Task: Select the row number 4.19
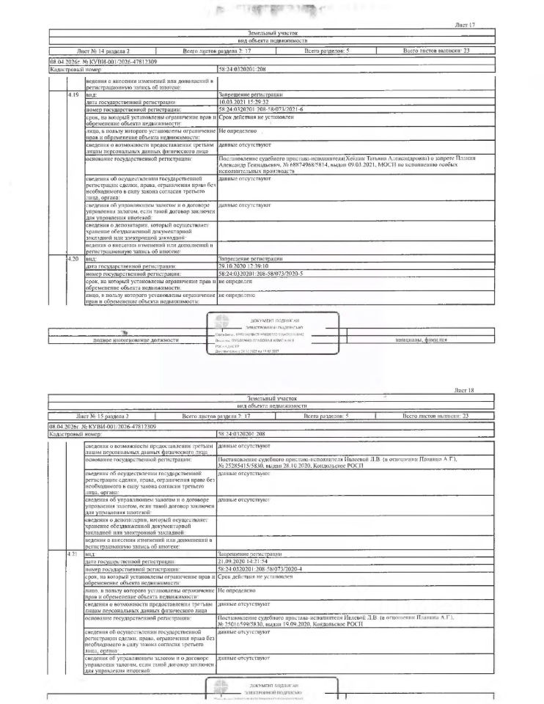click(73, 95)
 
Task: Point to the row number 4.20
click(73, 259)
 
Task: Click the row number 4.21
click(73, 552)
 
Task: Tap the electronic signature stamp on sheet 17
click(275, 334)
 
